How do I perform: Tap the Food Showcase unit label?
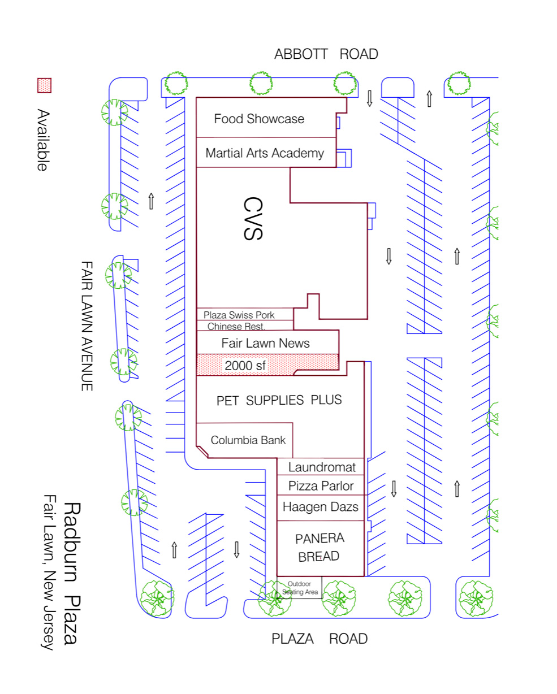click(259, 119)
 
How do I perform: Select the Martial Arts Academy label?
click(265, 153)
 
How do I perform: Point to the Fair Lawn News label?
click(265, 343)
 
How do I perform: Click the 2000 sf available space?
click(245, 366)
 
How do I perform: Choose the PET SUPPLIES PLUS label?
click(279, 400)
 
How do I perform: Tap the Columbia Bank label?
click(248, 440)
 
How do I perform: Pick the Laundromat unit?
click(322, 467)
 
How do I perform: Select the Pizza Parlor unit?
click(321, 485)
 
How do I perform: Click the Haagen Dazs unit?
click(320, 507)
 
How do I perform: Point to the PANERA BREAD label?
click(319, 547)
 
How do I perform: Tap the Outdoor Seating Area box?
click(300, 588)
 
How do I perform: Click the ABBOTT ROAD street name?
click(326, 54)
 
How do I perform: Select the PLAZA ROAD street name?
click(319, 639)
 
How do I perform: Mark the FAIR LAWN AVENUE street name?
click(87, 326)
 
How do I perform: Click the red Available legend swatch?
click(44, 85)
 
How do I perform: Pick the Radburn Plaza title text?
click(71, 573)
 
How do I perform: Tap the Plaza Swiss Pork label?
click(239, 315)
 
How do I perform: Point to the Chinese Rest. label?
click(236, 326)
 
